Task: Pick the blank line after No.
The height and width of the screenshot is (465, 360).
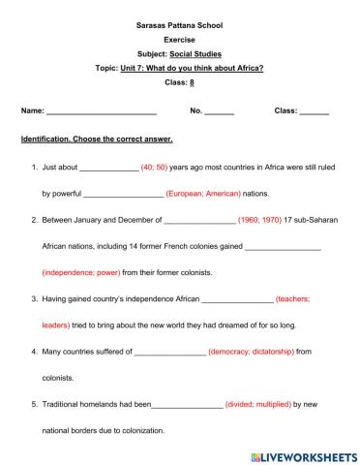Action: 220,112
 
